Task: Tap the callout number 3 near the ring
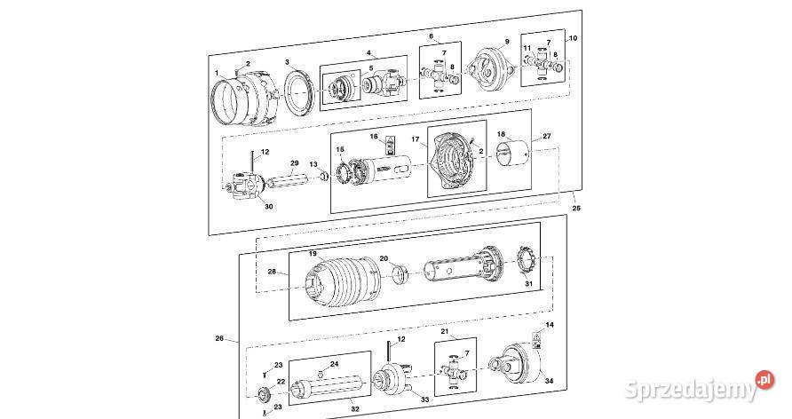click(x=287, y=62)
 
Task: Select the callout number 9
click(x=507, y=42)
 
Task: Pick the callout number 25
click(x=576, y=208)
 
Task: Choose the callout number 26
click(x=220, y=338)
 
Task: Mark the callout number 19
click(x=313, y=254)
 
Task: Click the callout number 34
click(x=549, y=381)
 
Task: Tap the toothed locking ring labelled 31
click(x=531, y=264)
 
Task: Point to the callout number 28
click(x=272, y=272)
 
